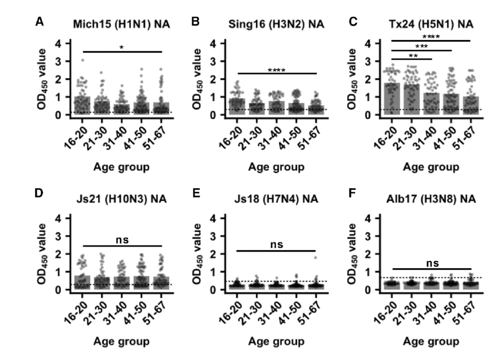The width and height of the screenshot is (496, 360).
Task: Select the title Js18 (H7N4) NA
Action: pos(276,199)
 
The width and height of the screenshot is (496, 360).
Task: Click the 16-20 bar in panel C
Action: pos(391,99)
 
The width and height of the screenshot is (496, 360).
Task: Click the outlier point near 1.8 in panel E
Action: pos(315,257)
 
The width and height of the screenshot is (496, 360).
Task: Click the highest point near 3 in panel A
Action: pos(83,60)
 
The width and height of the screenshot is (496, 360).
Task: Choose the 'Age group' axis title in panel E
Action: pos(276,342)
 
